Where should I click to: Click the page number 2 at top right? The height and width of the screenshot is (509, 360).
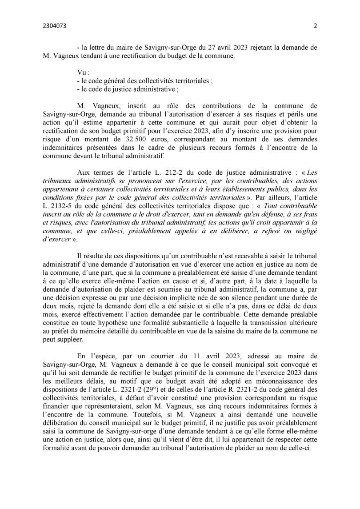pos(315,26)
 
